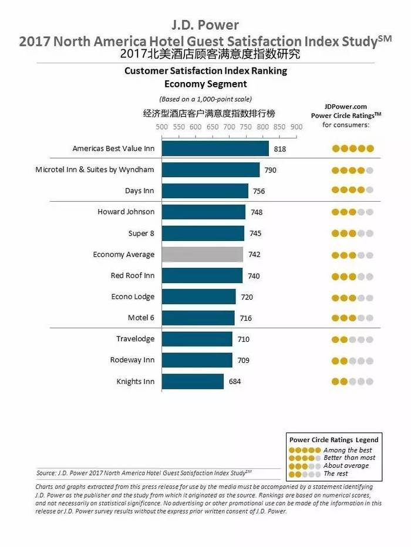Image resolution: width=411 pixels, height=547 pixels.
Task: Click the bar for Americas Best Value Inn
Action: pyautogui.click(x=215, y=148)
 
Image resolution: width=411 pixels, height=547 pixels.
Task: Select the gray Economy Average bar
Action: pyautogui.click(x=202, y=254)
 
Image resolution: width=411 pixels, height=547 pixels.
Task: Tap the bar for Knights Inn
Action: pyautogui.click(x=193, y=381)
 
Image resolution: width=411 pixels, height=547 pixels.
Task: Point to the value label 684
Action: pyautogui.click(x=234, y=382)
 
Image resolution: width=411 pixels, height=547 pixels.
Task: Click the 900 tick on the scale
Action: pyautogui.click(x=296, y=127)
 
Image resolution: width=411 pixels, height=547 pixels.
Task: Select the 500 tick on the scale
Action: pyautogui.click(x=161, y=127)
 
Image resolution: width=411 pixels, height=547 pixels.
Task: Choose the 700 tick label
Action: pyautogui.click(x=229, y=127)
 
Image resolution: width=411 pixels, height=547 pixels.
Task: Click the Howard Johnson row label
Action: pyautogui.click(x=126, y=212)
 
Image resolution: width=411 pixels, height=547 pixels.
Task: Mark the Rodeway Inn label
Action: pyautogui.click(x=132, y=360)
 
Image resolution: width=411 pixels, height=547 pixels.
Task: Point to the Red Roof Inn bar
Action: pyautogui.click(x=202, y=276)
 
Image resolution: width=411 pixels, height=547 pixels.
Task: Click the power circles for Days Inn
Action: pyautogui.click(x=352, y=191)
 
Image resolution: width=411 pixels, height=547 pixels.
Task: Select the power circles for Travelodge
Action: pyautogui.click(x=352, y=339)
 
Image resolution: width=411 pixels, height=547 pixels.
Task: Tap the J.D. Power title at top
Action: pyautogui.click(x=205, y=25)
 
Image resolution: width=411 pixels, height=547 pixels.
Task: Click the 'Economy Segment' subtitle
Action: pyautogui.click(x=206, y=84)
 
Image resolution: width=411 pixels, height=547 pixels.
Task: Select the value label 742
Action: pyautogui.click(x=254, y=255)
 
